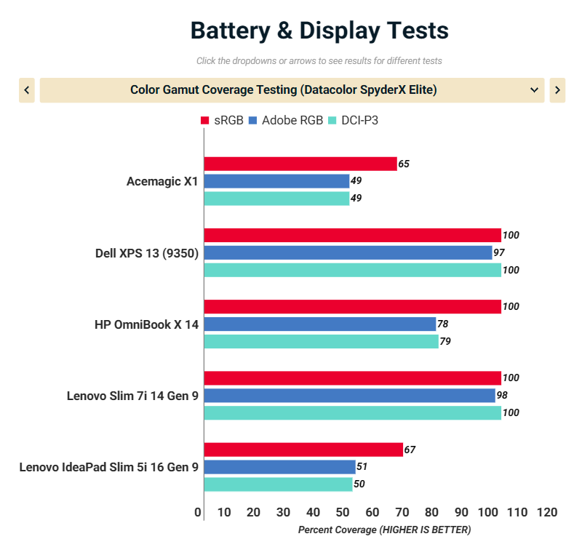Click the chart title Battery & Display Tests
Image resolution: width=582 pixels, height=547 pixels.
pos(319,31)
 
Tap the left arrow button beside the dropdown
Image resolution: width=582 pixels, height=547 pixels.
pos(27,90)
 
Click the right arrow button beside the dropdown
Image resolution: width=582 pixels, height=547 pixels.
pos(557,90)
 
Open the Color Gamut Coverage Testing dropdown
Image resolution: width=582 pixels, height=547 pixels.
pos(292,90)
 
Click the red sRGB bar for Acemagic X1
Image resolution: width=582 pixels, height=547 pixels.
pos(300,164)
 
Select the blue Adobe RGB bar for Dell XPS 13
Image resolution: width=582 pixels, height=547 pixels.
pos(348,252)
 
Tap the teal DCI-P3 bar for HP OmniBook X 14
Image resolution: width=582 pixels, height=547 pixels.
pos(321,341)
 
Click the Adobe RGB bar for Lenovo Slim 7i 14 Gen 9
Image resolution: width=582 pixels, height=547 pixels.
pos(349,395)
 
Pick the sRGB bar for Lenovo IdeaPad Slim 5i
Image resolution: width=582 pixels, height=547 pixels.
pos(303,450)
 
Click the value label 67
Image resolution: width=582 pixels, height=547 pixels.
pos(410,450)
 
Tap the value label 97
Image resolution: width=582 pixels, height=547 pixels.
pos(499,252)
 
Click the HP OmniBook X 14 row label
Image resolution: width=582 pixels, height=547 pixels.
pos(146,324)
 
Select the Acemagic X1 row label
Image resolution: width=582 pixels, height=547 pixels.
pos(162,182)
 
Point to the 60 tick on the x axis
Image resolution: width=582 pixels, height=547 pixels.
pos(372,512)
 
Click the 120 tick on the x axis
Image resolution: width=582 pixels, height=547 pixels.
pos(546,512)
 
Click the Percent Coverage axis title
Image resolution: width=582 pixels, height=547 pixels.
pos(384,530)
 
